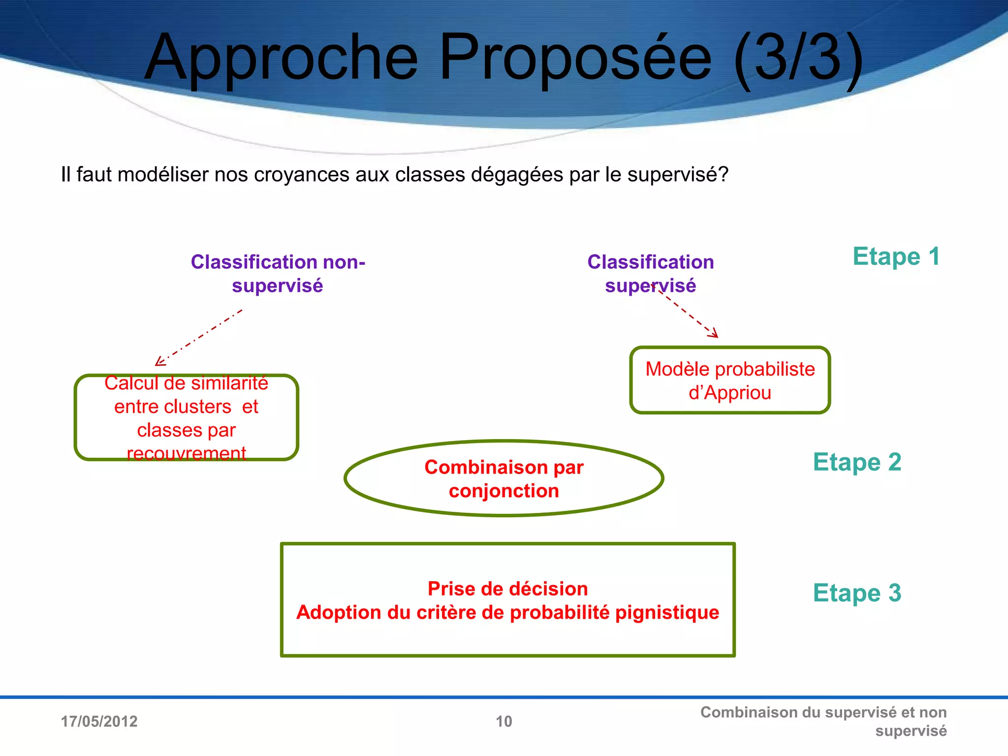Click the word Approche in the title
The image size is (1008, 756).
[x=281, y=58]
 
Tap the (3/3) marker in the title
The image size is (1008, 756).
[x=798, y=58]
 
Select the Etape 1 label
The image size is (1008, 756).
[x=896, y=256]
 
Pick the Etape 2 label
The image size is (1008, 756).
[x=857, y=462]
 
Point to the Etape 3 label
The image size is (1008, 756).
[x=857, y=593]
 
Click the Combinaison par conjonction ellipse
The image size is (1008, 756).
[x=504, y=478]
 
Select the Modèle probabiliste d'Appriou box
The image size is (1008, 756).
[x=729, y=380]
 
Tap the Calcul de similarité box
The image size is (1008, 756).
[x=186, y=417]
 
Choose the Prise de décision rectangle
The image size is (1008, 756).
[x=507, y=599]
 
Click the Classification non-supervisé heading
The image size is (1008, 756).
[x=278, y=274]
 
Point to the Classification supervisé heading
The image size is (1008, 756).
[x=650, y=274]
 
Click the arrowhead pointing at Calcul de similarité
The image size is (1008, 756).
[x=159, y=362]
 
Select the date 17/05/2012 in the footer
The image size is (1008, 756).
[x=99, y=722]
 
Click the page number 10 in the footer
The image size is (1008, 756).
[x=504, y=722]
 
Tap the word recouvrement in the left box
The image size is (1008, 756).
[x=186, y=453]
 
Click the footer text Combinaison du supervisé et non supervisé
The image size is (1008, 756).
[x=823, y=721]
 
